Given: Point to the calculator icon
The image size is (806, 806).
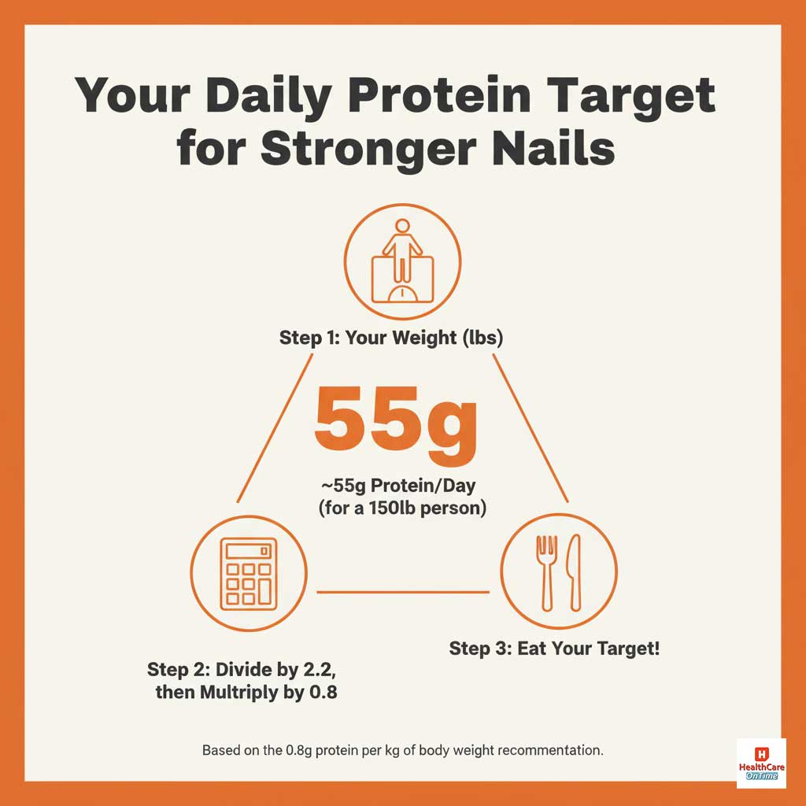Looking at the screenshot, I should click(x=249, y=572).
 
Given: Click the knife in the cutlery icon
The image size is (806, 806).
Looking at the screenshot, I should click(x=574, y=571).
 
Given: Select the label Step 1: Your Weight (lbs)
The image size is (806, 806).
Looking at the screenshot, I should click(x=391, y=338).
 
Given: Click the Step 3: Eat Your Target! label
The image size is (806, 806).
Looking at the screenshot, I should click(x=554, y=649).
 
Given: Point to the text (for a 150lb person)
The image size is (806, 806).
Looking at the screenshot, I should click(x=402, y=508).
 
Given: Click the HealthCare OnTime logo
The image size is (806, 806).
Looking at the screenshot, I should click(x=761, y=763).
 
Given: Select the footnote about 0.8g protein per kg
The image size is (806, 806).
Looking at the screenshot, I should click(x=402, y=750).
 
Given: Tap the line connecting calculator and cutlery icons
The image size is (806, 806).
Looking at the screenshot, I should click(x=402, y=592).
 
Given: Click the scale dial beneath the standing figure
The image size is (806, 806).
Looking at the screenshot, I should click(x=402, y=292).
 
